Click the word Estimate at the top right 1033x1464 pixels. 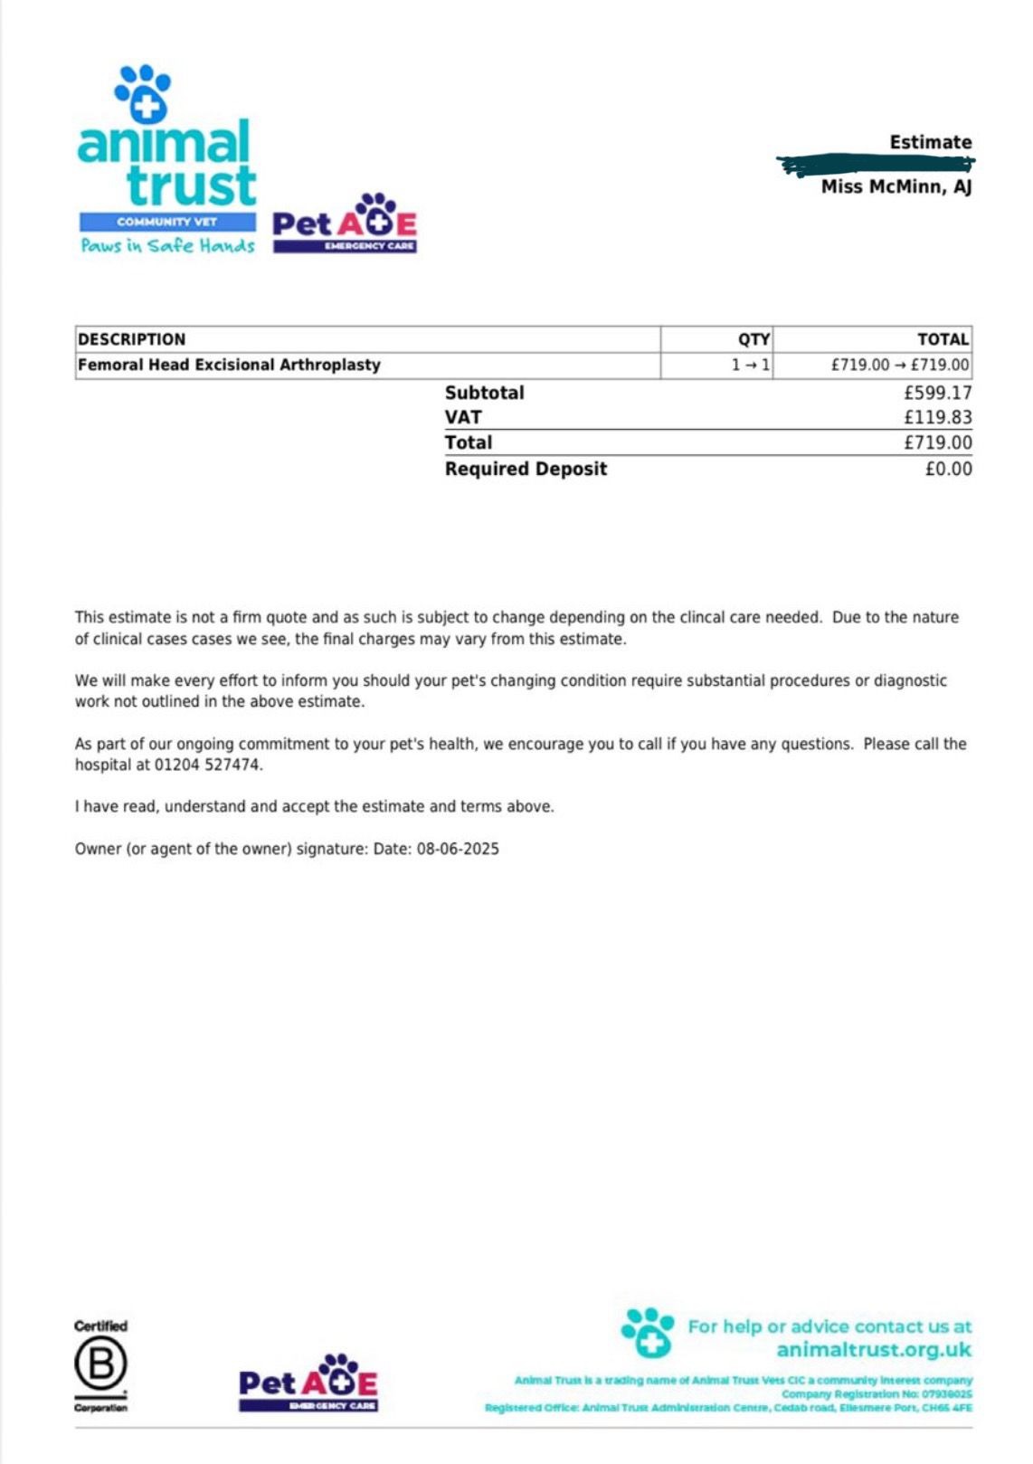(x=930, y=142)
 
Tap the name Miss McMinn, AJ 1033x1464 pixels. (x=896, y=186)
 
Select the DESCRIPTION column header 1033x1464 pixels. (x=132, y=339)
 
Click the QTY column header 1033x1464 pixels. (x=753, y=339)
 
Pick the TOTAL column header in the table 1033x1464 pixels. (x=943, y=339)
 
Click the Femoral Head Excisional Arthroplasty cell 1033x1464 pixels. (x=229, y=365)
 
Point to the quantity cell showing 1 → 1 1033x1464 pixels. (x=751, y=365)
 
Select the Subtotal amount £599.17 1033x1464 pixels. (x=937, y=393)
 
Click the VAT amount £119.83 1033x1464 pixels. (x=937, y=417)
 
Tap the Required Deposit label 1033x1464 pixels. (x=526, y=469)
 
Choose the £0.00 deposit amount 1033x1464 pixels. (x=948, y=469)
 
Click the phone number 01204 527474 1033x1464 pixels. (x=207, y=765)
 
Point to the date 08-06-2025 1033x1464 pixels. (x=458, y=849)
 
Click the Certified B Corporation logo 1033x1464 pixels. (x=100, y=1366)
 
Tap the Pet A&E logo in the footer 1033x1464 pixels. (x=308, y=1383)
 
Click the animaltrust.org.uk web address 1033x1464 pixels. (x=873, y=1350)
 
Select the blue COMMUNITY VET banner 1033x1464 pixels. (x=167, y=222)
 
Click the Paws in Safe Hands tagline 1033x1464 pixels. (x=167, y=245)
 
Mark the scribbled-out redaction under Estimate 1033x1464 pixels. (x=876, y=164)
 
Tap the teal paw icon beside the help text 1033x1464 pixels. (x=648, y=1332)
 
